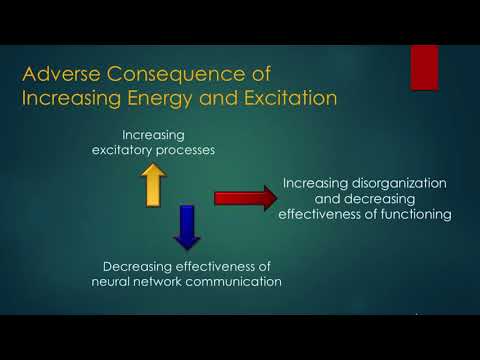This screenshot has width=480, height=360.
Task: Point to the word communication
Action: click(x=239, y=281)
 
